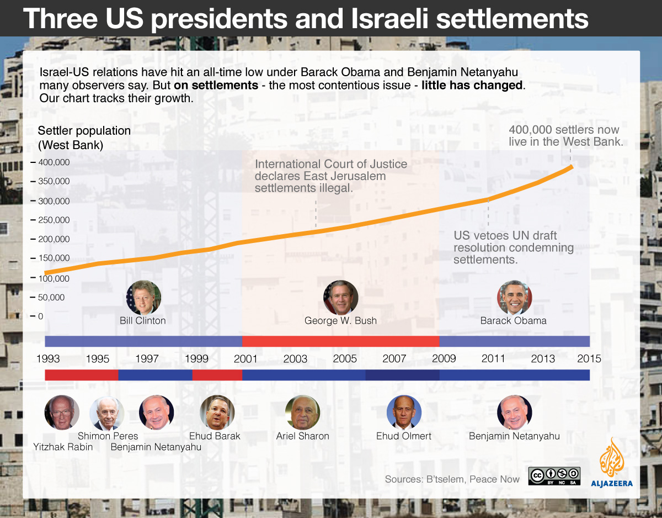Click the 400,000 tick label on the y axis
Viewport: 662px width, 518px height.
(x=54, y=162)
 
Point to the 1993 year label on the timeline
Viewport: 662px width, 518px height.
(x=48, y=358)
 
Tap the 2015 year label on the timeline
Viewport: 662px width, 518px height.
(x=589, y=358)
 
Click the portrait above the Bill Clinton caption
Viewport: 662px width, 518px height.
(x=143, y=298)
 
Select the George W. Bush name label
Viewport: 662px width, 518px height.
(x=340, y=320)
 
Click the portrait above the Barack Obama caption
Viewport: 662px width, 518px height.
(x=514, y=298)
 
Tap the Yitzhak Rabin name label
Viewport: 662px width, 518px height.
(x=63, y=447)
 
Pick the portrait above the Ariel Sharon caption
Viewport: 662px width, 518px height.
(x=302, y=413)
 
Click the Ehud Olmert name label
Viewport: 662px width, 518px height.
(x=403, y=436)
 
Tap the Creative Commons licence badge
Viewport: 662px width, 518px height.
(x=554, y=476)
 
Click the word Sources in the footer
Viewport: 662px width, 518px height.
(x=403, y=479)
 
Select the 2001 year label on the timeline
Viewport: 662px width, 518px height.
(x=245, y=358)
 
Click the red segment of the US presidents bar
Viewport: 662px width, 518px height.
(x=340, y=341)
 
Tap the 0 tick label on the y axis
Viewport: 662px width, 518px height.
(x=41, y=316)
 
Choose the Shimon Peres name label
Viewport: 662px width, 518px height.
(x=108, y=436)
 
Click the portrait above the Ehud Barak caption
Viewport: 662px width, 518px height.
(x=217, y=413)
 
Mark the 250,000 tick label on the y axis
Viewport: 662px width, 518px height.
(x=54, y=220)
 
